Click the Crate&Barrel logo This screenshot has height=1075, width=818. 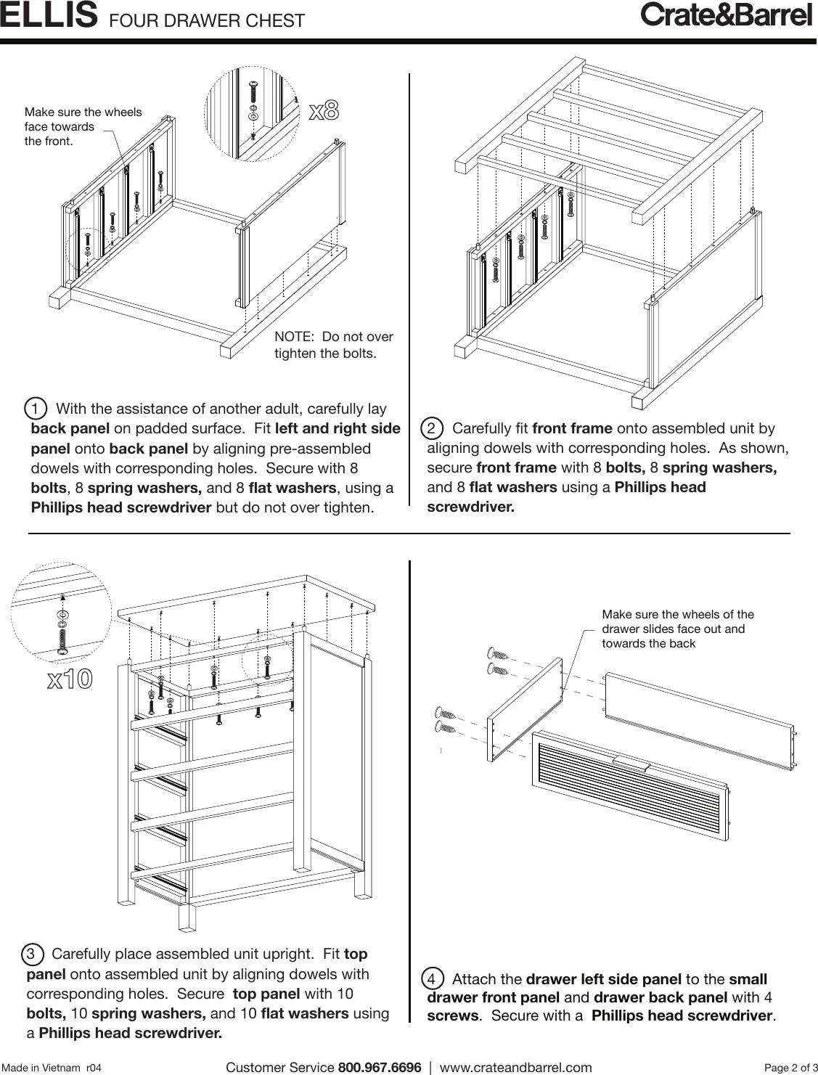coord(725,15)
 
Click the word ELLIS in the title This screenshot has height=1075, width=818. coord(49,16)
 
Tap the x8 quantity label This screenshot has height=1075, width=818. coord(324,111)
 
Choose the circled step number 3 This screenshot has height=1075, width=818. coord(32,954)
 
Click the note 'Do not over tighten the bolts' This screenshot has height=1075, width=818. coord(333,345)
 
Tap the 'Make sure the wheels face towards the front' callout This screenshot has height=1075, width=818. coord(83,126)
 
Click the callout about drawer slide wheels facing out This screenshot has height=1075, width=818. coord(677,629)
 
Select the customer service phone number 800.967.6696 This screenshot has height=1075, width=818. coord(380,1067)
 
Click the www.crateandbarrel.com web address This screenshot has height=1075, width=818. coord(515,1067)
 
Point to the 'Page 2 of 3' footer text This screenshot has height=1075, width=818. coord(790,1067)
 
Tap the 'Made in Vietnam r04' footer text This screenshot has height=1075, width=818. coord(52,1068)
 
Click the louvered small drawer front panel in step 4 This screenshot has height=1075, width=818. coord(629,787)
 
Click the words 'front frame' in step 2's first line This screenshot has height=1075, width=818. coord(571,428)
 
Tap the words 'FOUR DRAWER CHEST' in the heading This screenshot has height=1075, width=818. coord(207,20)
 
